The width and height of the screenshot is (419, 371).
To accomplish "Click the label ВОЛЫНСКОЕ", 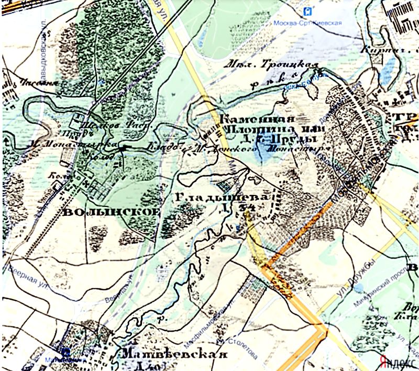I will pos(111,212).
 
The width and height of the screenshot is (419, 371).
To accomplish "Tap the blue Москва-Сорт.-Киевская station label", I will pos(308,23).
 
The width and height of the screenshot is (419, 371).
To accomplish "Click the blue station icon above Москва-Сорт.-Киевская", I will pos(309,10).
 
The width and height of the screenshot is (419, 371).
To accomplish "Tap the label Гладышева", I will pos(224,197).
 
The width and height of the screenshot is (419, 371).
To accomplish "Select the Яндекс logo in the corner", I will pos(396,362).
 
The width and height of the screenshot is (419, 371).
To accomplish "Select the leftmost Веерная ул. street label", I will pos(25,275).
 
